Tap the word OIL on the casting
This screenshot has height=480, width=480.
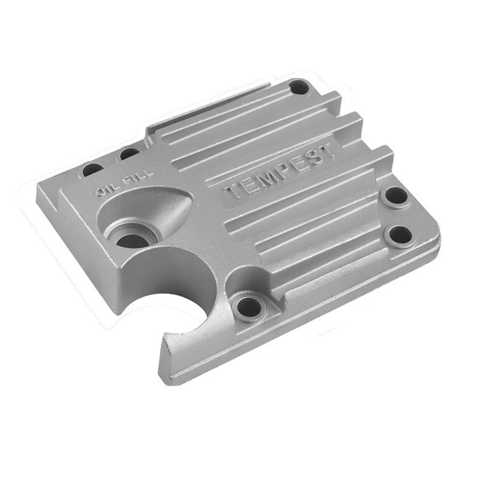[x=106, y=190]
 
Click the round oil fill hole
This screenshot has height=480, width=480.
[x=132, y=240]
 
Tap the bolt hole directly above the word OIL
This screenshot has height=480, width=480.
[x=91, y=170]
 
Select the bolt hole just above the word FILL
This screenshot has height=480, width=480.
[x=128, y=154]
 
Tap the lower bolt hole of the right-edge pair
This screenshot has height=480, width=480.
[x=398, y=236]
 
